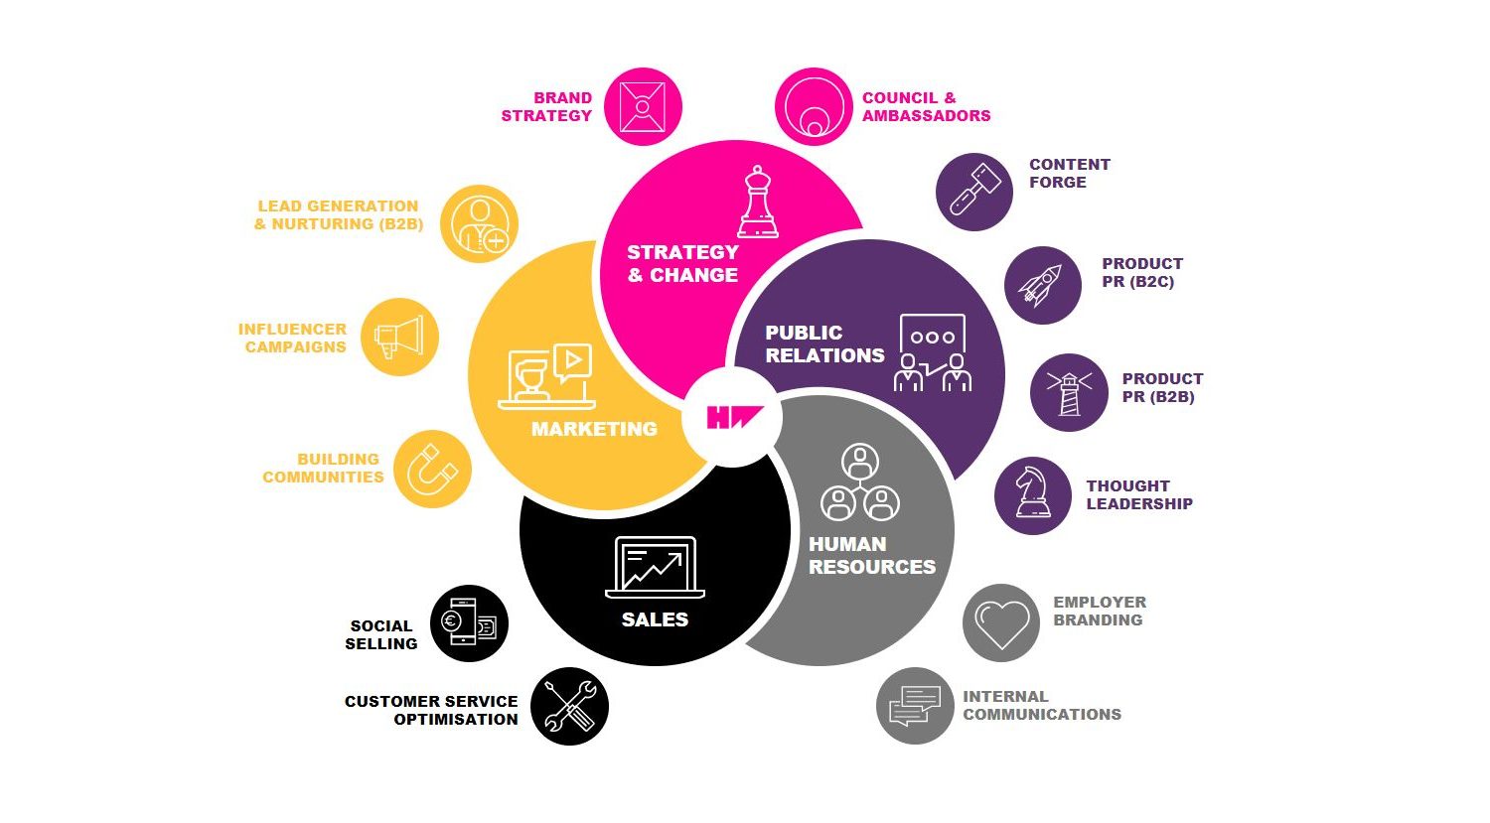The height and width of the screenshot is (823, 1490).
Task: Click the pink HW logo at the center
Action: (x=734, y=417)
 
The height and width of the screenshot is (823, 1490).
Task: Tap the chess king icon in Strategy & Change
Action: (x=758, y=203)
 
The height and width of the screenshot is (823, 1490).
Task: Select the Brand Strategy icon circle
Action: (x=643, y=106)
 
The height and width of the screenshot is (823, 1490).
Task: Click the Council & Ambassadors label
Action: (x=926, y=106)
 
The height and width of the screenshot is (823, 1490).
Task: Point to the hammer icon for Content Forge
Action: (x=974, y=191)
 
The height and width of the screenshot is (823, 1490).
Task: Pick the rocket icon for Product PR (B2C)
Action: (x=1041, y=286)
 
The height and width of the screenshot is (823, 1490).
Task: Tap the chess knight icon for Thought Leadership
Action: (x=1033, y=492)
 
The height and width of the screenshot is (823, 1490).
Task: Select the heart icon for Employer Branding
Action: (x=1001, y=624)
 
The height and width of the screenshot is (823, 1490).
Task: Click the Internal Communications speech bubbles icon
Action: (x=915, y=706)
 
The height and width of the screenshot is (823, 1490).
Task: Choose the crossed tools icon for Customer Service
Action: (x=569, y=707)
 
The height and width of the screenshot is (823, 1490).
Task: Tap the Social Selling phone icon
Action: (x=468, y=622)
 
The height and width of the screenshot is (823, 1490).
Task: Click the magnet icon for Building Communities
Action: (x=432, y=470)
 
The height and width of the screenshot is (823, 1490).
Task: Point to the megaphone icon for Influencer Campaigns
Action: (x=399, y=338)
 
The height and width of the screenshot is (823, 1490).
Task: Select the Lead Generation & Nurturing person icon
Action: (x=480, y=224)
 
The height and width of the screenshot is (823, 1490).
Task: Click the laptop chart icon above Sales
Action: (x=656, y=567)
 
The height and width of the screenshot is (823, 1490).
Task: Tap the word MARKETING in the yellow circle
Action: (x=594, y=429)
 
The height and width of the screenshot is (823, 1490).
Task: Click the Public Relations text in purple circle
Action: (x=824, y=343)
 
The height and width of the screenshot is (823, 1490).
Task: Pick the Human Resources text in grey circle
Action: (x=872, y=555)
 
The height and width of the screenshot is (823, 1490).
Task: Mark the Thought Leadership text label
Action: (x=1139, y=494)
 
